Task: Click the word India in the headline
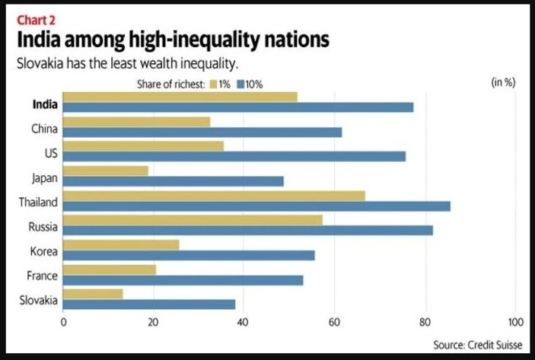point(39,41)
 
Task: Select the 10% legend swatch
point(240,84)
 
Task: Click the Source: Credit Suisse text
point(477,344)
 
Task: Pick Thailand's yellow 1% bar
point(213,196)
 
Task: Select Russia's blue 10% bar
point(247,230)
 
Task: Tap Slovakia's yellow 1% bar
point(92,294)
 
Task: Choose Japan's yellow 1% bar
point(105,170)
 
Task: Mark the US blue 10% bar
point(234,156)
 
